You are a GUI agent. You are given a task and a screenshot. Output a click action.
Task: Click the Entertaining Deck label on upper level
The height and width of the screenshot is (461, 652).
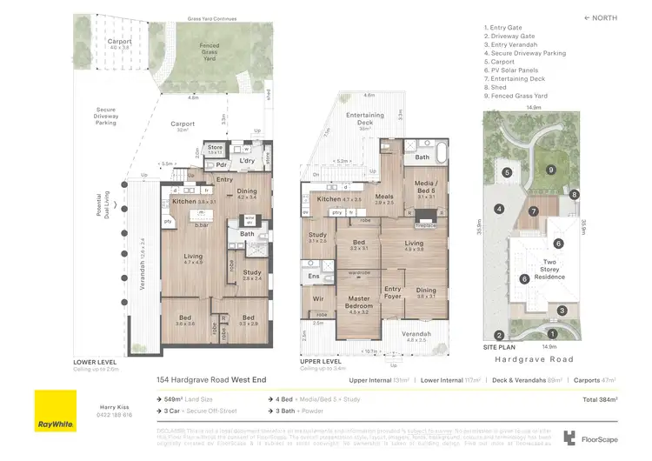[x=365, y=119]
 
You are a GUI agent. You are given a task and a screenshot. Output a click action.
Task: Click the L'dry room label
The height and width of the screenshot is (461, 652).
[x=245, y=163]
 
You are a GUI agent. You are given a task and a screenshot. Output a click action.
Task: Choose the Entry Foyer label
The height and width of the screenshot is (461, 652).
[x=393, y=293]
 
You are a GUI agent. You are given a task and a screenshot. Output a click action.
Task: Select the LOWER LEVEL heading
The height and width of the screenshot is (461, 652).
[x=95, y=362]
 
